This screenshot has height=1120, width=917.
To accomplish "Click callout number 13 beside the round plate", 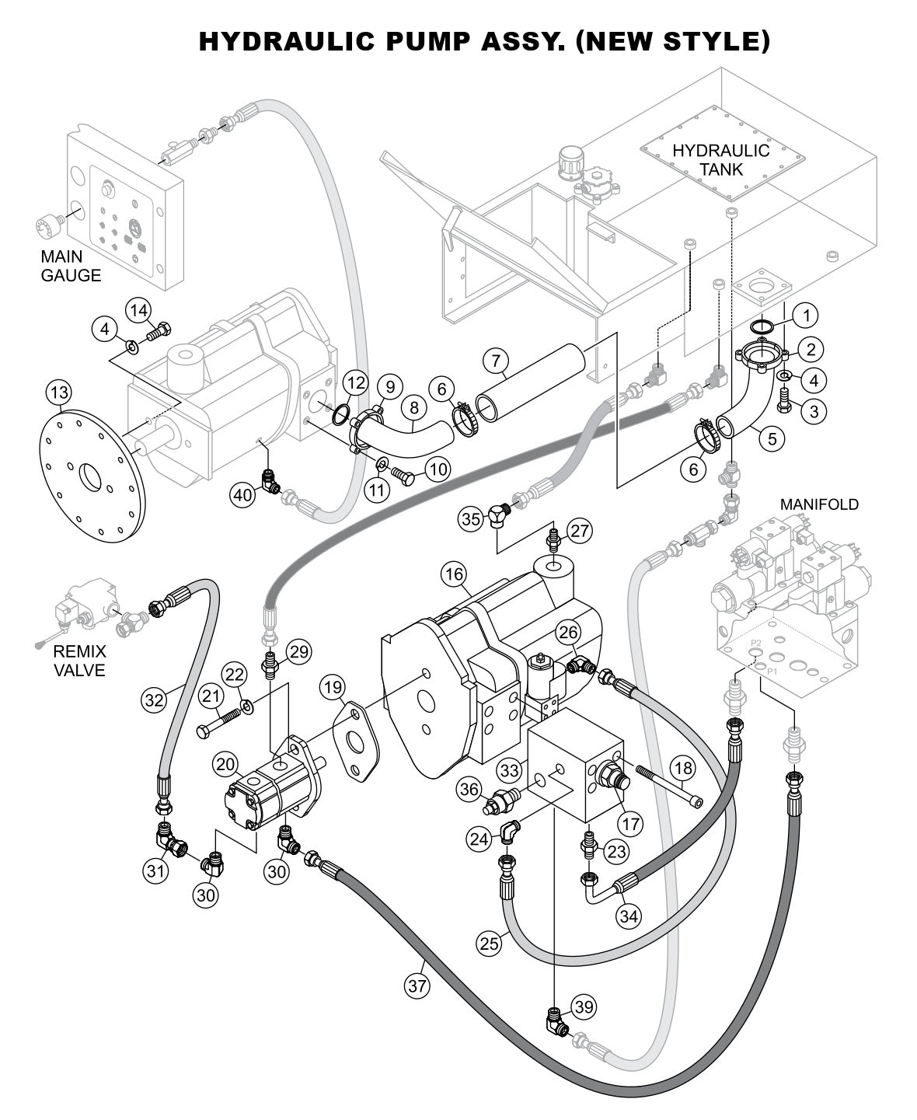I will tap(58, 393).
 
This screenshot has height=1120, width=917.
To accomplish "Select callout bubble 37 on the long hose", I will tap(417, 987).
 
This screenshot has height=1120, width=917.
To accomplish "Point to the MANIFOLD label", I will tap(819, 504).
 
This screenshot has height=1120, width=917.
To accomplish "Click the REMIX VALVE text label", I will tap(79, 660).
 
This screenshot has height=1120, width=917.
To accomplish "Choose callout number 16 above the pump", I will tap(453, 575).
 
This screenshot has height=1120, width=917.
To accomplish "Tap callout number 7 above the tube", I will tap(495, 360).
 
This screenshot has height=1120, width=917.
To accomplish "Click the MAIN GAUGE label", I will tap(71, 265).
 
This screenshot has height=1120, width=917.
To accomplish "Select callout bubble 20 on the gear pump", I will tap(226, 765).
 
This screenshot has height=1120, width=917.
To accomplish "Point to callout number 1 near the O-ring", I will tap(806, 315).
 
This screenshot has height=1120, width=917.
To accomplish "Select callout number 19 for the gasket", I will tap(333, 687).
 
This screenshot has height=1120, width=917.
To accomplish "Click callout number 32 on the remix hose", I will tap(154, 700).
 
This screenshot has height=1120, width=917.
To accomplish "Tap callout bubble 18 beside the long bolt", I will tap(682, 769).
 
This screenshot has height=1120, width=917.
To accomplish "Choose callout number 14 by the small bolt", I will tap(138, 311).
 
